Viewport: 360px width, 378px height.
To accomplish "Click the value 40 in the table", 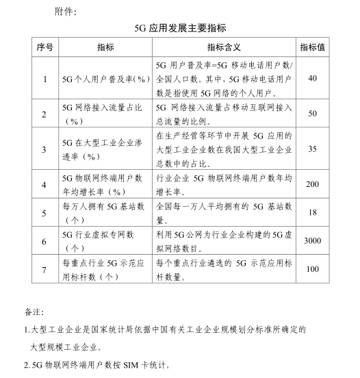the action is click(313, 79).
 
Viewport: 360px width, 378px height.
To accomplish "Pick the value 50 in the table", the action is click(313, 114).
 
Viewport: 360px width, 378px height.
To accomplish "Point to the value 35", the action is click(313, 148).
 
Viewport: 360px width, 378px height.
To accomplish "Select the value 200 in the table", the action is click(313, 184).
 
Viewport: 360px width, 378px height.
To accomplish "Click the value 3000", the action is click(313, 242).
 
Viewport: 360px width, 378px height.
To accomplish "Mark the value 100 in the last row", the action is click(313, 270).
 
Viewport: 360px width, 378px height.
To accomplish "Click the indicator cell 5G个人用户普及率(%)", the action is click(105, 79).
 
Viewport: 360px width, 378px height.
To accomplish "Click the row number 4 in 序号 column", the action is click(44, 184).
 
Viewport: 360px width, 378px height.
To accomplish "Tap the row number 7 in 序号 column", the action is click(44, 270).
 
